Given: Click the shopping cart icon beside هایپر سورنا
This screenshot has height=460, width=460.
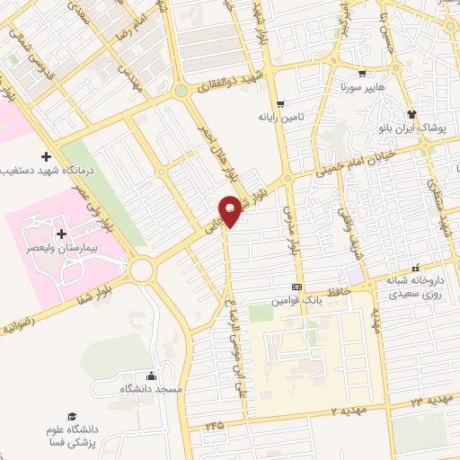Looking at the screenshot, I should click(361, 75).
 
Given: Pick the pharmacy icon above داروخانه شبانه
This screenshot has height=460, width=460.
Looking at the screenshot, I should click(415, 267).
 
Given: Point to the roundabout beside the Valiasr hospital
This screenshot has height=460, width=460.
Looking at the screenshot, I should click(142, 268).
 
